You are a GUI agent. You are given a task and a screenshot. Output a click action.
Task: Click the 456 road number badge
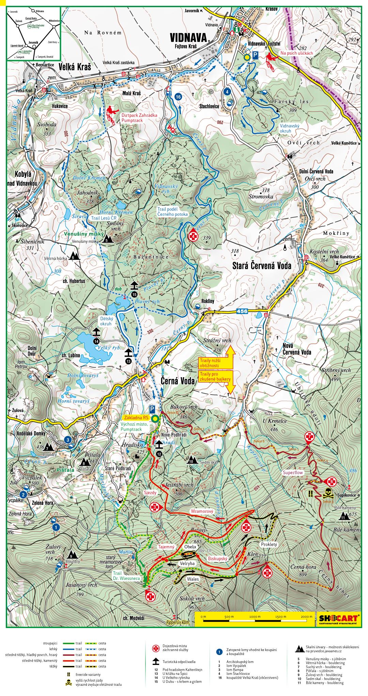pos(242,311)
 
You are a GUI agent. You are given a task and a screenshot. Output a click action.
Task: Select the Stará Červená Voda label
pos(262,265)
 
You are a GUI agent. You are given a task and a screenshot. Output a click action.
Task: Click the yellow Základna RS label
pos(136,418)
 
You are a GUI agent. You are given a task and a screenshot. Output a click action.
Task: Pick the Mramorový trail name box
pos(202,511)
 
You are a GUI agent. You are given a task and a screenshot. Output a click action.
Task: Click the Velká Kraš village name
pos(75,67)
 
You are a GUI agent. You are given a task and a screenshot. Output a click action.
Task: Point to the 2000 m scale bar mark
pos(306,616)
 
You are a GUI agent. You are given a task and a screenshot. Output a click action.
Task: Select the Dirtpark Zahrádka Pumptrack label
pos(139,118)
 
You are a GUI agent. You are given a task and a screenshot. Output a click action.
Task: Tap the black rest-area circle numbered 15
pos(134,294)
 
